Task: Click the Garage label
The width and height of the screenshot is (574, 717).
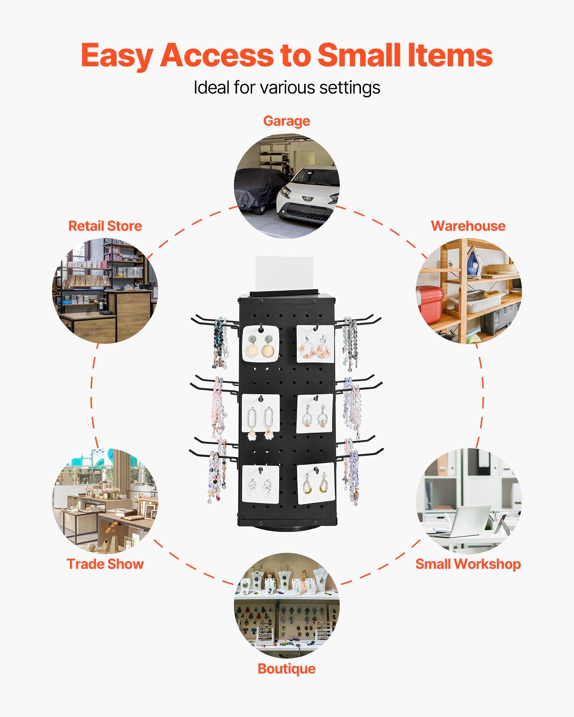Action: pos(286,121)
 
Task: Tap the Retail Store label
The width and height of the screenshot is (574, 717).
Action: pos(105,226)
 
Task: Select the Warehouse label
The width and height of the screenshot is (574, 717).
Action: pos(468,226)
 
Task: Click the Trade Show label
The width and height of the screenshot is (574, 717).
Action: pos(105,564)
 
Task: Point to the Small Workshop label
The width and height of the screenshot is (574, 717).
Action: pos(468,564)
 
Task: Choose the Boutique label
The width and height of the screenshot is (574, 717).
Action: pos(286,669)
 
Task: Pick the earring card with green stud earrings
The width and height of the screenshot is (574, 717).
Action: pos(260,343)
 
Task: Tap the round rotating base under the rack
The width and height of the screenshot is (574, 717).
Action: pos(287,527)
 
